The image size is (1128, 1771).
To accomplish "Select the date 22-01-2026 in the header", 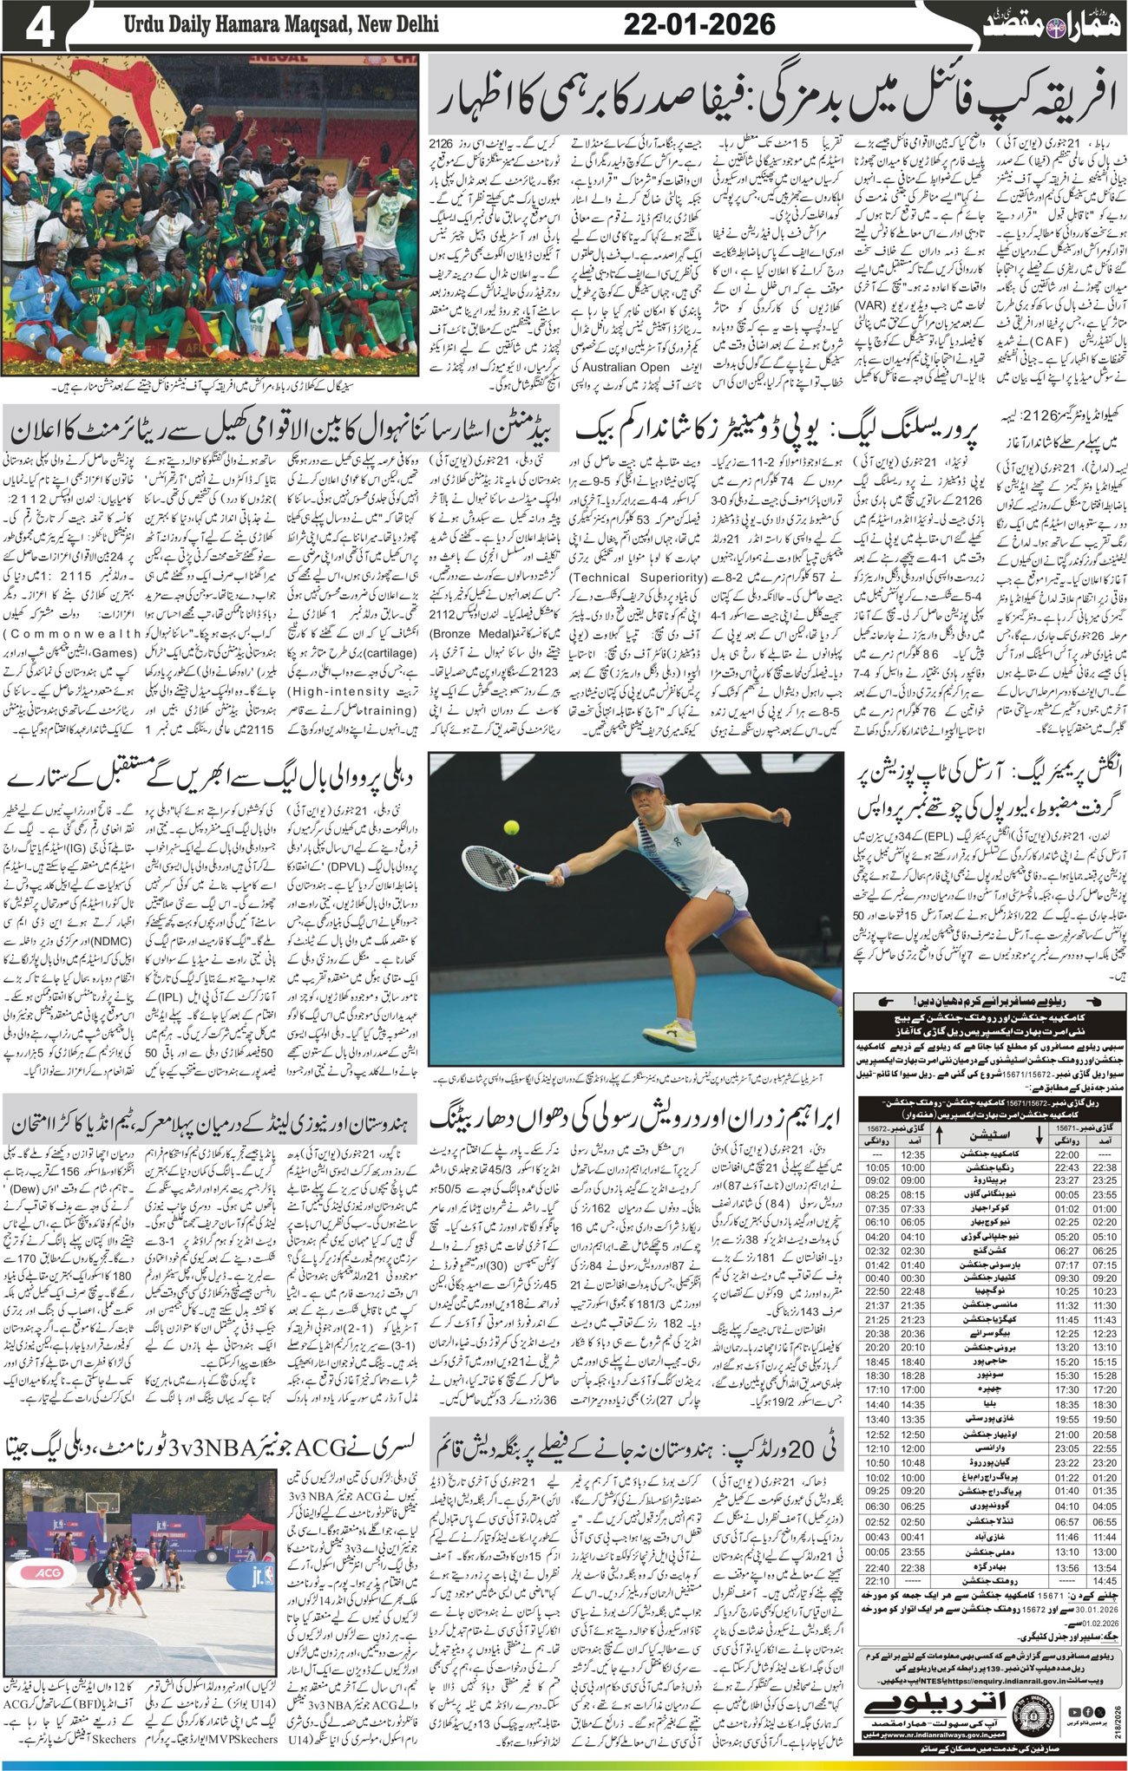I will point(699,24).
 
